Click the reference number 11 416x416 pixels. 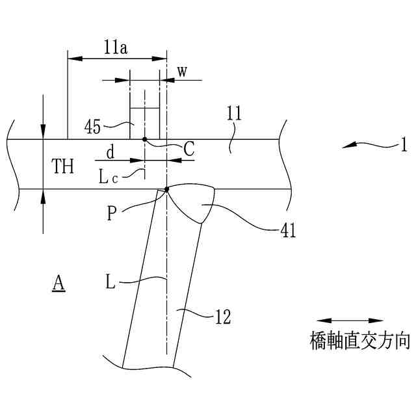tap(235, 114)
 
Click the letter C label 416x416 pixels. tap(188, 149)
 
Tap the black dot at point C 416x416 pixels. tap(145, 139)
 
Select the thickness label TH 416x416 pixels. tap(64, 166)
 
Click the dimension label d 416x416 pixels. tap(110, 153)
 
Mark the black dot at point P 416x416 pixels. tap(167, 189)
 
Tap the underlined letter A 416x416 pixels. tap(59, 283)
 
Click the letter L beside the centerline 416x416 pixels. tap(111, 283)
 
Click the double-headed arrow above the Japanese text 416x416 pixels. tap(350, 320)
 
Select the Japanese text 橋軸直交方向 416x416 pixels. tap(359, 341)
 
